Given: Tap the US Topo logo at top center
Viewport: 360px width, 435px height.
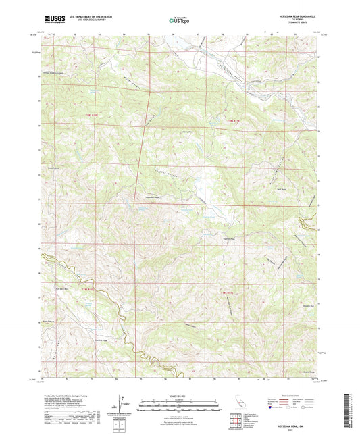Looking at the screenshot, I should (179, 21).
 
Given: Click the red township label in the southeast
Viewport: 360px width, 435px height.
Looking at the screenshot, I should (230, 292).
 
